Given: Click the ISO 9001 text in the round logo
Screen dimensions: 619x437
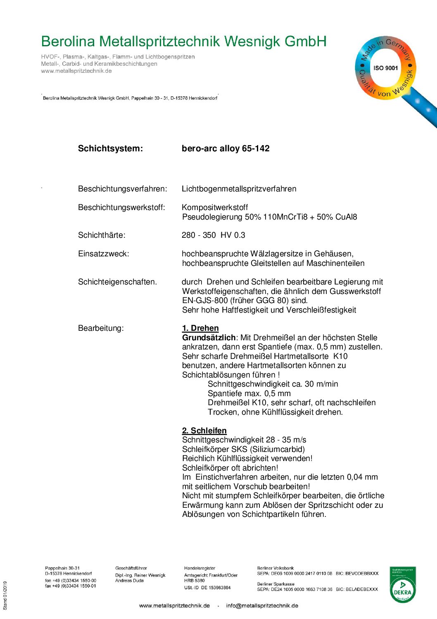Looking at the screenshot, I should pos(385,68).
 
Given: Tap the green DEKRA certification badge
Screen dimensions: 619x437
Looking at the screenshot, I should pos(403,585).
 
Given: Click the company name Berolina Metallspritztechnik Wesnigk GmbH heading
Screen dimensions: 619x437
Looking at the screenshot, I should pos(184,41).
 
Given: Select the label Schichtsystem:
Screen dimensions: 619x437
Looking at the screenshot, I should pos(110,148).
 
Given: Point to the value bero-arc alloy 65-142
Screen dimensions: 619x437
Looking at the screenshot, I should pos(226,148).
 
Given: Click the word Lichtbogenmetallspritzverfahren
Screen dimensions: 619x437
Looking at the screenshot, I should pos(239,189).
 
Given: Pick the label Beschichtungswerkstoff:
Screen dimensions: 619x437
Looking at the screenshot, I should pos(121,208).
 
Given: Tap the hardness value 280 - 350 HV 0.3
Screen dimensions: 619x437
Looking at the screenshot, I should pos(213,235).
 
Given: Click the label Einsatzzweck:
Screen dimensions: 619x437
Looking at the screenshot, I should pos(103,254).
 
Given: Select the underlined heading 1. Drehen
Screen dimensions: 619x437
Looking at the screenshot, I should pos(200,328).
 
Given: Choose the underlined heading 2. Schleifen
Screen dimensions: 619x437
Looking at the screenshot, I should pos(204,431).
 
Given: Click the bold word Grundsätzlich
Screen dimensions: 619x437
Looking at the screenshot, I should pos(209,338).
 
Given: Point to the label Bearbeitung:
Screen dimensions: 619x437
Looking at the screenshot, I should pos(101,328).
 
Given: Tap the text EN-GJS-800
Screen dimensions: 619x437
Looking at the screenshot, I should pos(205,301).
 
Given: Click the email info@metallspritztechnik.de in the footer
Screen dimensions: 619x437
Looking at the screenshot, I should pos(262,606).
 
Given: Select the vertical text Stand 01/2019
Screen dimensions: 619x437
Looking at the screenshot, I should pos(5,595).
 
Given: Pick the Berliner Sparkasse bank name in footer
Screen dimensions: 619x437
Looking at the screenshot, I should pos(275,584).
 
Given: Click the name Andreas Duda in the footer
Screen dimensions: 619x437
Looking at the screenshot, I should pos(129,581).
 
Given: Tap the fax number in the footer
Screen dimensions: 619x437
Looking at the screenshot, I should pos(70,586).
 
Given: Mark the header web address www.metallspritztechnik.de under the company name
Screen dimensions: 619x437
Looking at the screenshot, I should pos(76,71).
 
